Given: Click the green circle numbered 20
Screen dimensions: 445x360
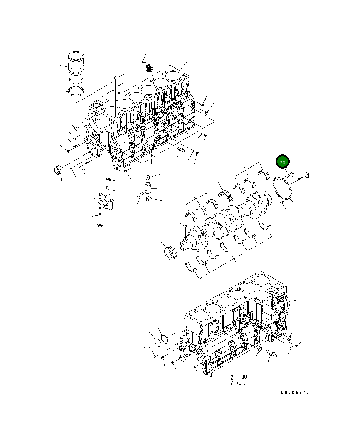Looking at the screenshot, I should pyautogui.click(x=283, y=162).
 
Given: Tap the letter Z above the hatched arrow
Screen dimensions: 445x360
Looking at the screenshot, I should pyautogui.click(x=144, y=58).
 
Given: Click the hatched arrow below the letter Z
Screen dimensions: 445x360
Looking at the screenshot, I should pyautogui.click(x=149, y=68).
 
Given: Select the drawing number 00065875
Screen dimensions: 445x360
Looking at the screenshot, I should pyautogui.click(x=295, y=393).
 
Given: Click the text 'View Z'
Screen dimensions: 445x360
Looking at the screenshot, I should pyautogui.click(x=238, y=383).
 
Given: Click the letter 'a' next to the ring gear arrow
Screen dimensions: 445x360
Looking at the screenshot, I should pyautogui.click(x=307, y=175).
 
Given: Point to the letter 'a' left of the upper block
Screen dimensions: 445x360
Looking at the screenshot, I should pyautogui.click(x=84, y=171).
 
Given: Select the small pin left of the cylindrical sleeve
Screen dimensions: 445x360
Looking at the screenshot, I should pyautogui.click(x=140, y=195).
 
